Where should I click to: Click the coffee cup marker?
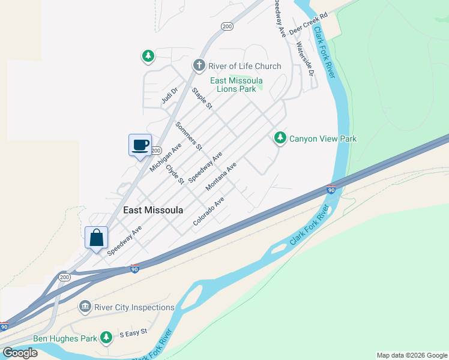click(140, 145)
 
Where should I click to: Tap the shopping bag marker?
click(96, 238)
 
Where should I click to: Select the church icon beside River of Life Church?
click(199, 65)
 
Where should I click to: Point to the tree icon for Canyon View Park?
click(280, 139)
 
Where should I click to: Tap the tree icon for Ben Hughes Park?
click(106, 338)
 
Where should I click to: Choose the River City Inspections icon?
click(85, 308)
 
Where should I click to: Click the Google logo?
click(19, 352)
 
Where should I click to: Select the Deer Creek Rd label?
click(309, 23)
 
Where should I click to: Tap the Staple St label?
click(202, 98)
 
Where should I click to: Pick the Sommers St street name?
click(188, 135)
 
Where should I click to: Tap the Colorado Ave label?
click(208, 212)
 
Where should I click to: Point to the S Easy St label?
click(133, 333)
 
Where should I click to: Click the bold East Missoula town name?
click(152, 210)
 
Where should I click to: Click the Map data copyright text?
click(412, 355)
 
